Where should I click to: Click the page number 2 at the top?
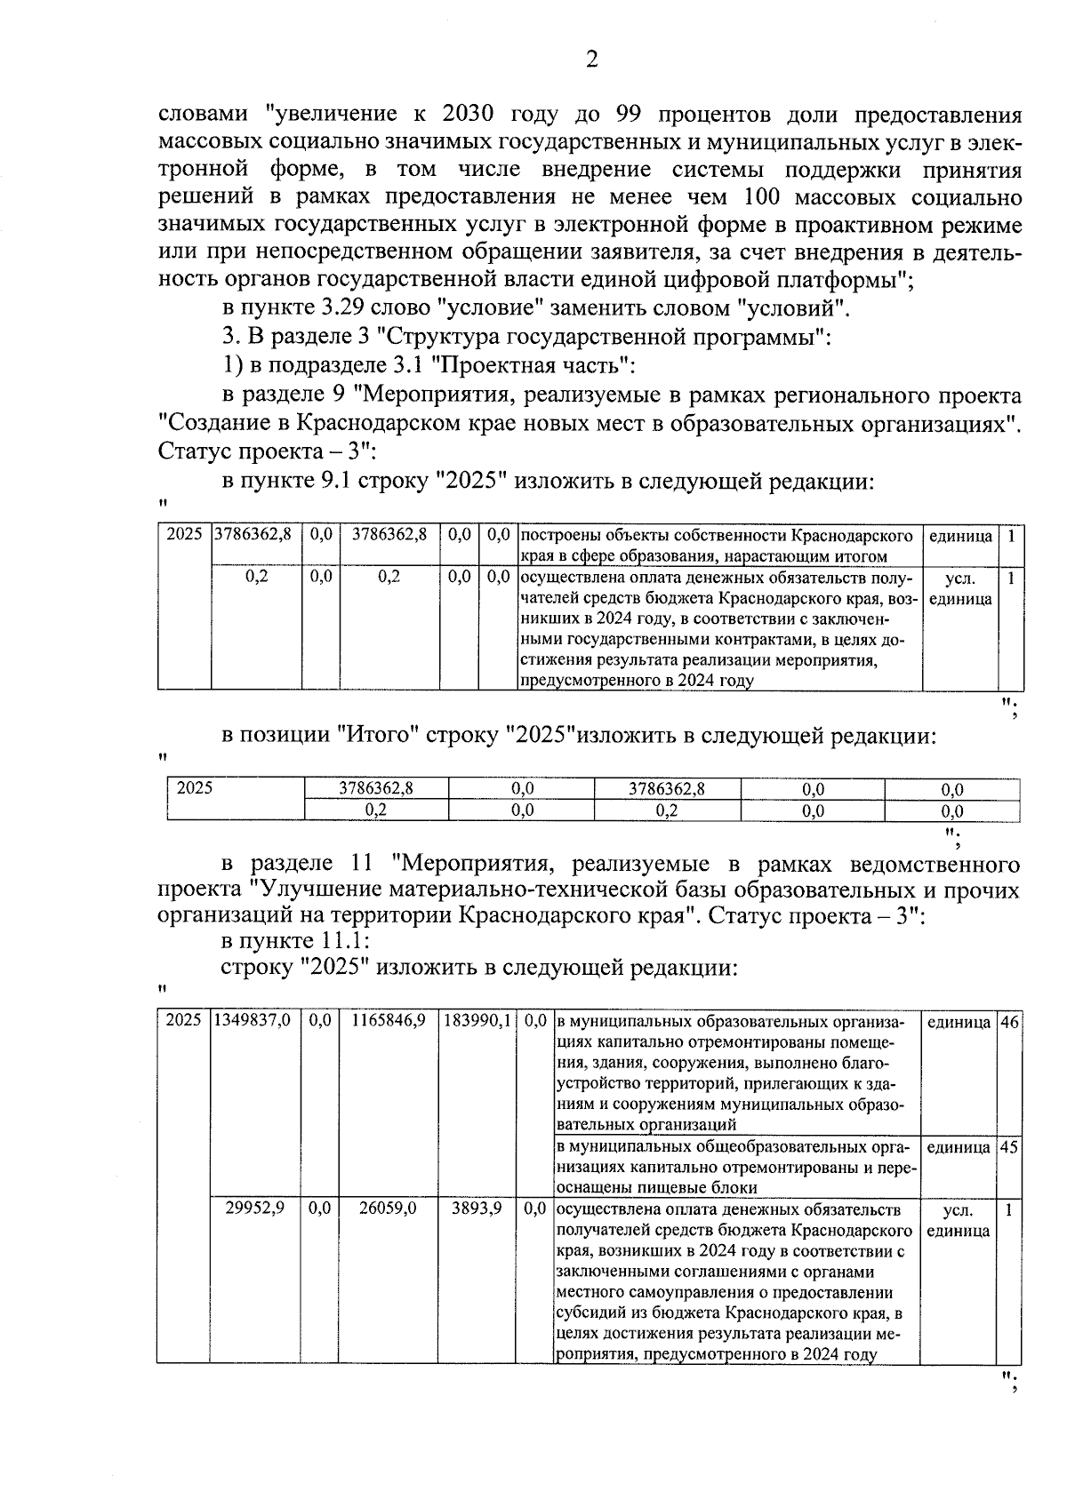click(x=591, y=60)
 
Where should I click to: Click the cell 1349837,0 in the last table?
click(x=253, y=1022)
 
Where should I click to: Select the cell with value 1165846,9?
click(x=388, y=1022)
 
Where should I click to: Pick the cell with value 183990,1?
click(x=477, y=1022)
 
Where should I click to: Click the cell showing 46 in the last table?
click(x=1009, y=1022)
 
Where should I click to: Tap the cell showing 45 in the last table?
click(x=1009, y=1147)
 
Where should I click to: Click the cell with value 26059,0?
click(x=388, y=1209)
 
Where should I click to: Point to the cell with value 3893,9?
click(x=477, y=1209)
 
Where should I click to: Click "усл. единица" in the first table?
click(x=960, y=588)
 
